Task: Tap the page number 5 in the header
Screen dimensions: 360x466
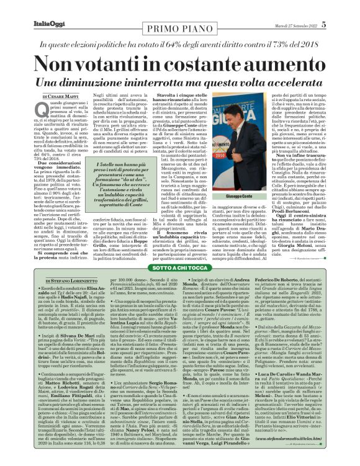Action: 324,24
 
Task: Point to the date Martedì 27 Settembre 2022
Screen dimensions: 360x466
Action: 296,25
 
